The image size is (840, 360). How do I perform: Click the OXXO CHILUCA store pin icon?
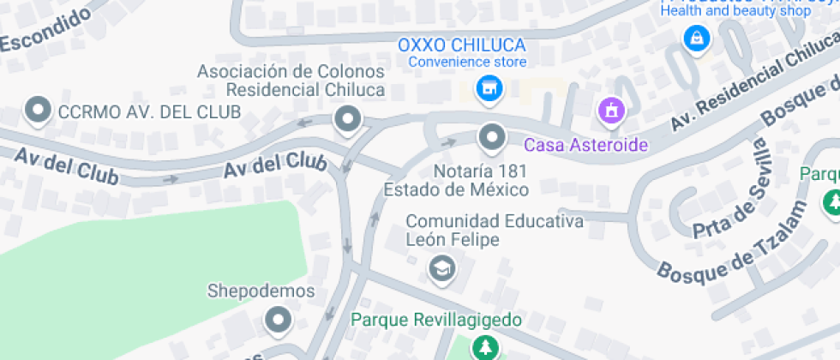pyautogui.click(x=489, y=88)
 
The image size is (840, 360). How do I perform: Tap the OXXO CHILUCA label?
pyautogui.click(x=465, y=45)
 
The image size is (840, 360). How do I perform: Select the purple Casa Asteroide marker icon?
pyautogui.click(x=611, y=110)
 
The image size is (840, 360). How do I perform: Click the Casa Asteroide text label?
pyautogui.click(x=585, y=145)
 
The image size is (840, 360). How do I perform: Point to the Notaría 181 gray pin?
pyautogui.click(x=491, y=135)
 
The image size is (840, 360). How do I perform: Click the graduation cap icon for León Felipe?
pyautogui.click(x=442, y=268)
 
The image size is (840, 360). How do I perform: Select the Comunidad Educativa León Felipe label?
pyautogui.click(x=495, y=231)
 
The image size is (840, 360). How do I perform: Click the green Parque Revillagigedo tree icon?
pyautogui.click(x=486, y=347)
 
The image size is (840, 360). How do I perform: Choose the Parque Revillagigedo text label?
pyautogui.click(x=436, y=321)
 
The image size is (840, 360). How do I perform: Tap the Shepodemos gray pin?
pyautogui.click(x=278, y=321)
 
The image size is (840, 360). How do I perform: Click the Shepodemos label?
pyautogui.click(x=261, y=291)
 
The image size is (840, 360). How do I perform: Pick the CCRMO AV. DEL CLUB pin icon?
pyautogui.click(x=38, y=111)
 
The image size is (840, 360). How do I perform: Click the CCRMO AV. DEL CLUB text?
pyautogui.click(x=149, y=111)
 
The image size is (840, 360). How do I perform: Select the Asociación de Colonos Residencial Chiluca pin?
pyautogui.click(x=347, y=120)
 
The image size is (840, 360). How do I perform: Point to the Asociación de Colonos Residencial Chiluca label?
pyautogui.click(x=291, y=81)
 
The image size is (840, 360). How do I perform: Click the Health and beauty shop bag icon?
pyautogui.click(x=696, y=38)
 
